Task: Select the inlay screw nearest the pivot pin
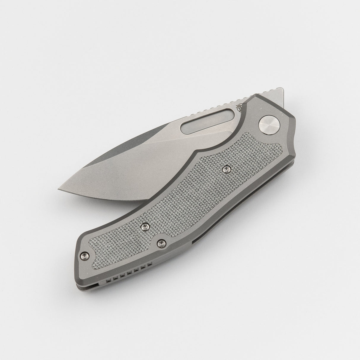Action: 226,169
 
